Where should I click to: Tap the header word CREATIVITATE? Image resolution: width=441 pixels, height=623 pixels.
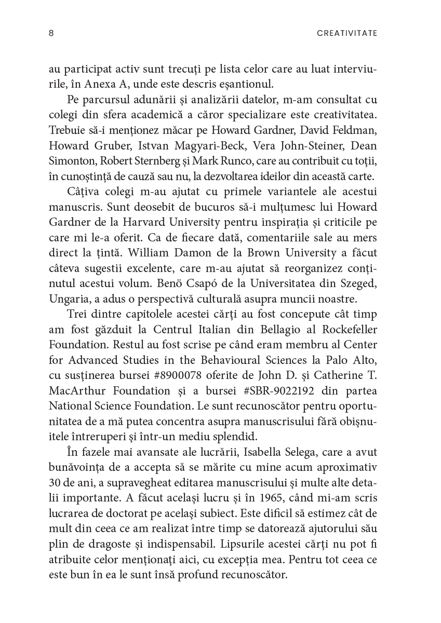click(346, 33)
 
